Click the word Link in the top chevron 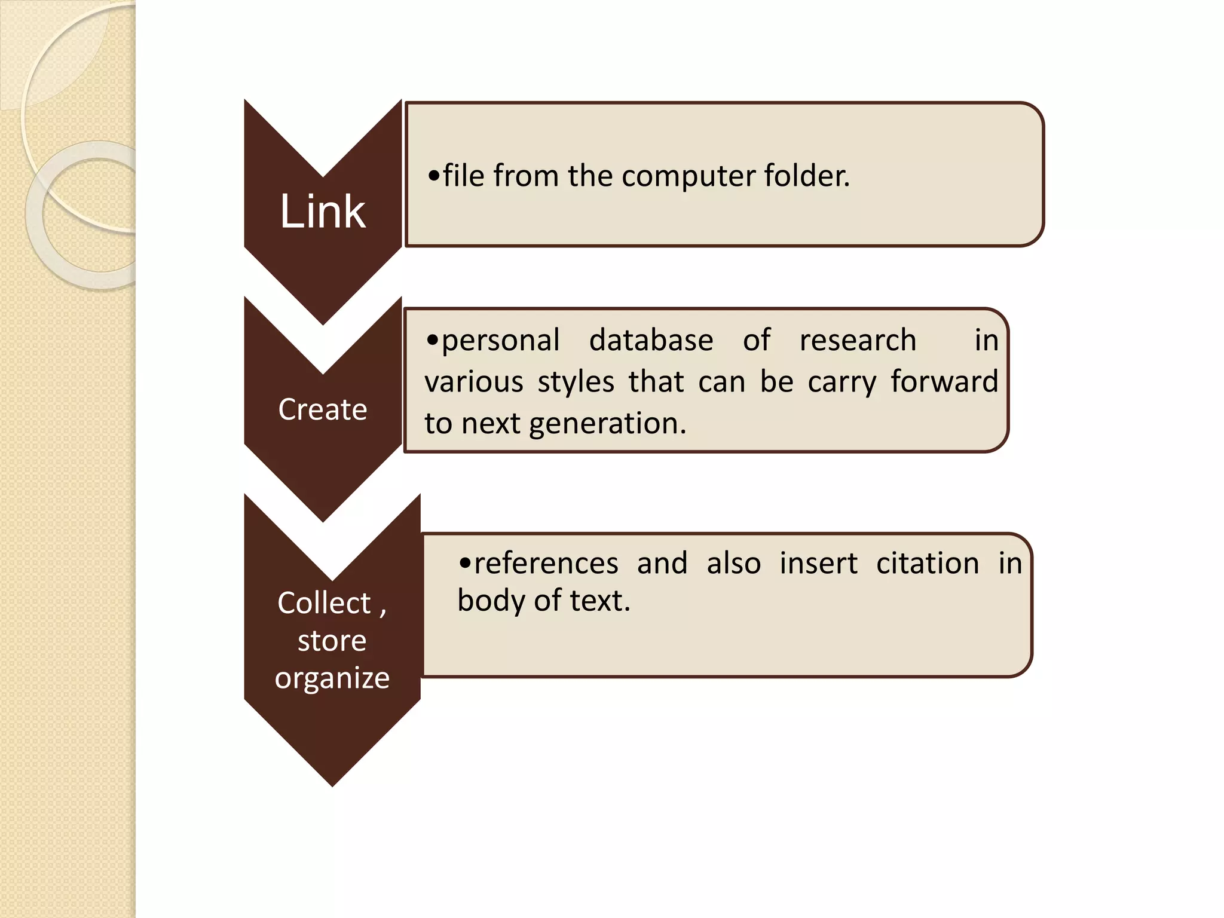click(322, 212)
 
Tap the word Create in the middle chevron click(323, 409)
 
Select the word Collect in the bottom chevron click(324, 602)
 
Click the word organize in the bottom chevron click(332, 678)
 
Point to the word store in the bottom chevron click(332, 641)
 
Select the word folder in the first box click(806, 176)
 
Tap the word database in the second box click(651, 341)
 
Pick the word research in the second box click(858, 341)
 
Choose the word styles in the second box click(576, 382)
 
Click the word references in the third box click(546, 564)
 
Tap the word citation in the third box click(928, 564)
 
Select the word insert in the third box click(818, 564)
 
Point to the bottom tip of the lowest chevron click(332, 785)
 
